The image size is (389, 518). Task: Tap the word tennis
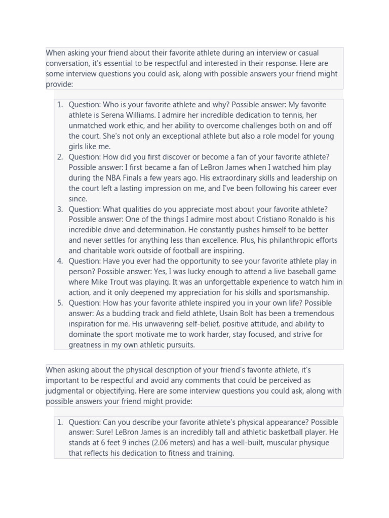[x=292, y=115]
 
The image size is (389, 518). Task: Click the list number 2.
[x=60, y=157]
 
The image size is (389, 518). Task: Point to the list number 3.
[x=60, y=209]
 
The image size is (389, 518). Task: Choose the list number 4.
[x=60, y=261]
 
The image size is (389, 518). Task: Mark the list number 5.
[x=60, y=303]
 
